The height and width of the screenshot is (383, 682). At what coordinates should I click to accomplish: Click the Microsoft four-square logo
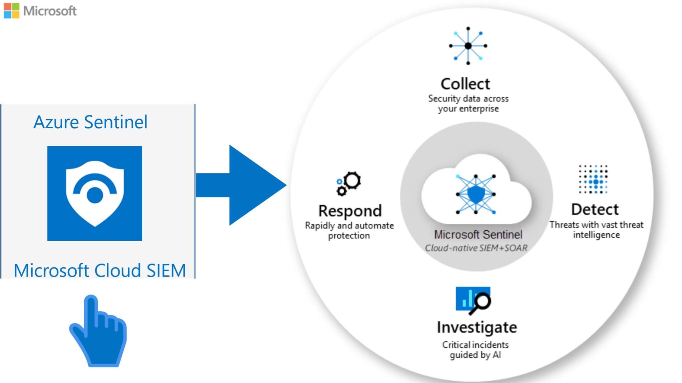[11, 11]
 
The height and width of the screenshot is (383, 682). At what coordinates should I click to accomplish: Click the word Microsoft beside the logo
[50, 11]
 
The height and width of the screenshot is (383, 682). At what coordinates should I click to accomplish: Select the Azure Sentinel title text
[90, 122]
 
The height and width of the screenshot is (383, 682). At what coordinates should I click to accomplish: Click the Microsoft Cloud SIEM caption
[100, 270]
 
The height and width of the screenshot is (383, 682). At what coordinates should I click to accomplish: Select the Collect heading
[465, 84]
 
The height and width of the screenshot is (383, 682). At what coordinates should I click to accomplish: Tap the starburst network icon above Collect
[468, 46]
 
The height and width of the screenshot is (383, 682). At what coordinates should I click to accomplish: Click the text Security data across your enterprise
[468, 103]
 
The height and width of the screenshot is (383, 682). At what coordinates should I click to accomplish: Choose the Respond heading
[350, 211]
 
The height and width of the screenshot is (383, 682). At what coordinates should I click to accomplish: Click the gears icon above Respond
[348, 183]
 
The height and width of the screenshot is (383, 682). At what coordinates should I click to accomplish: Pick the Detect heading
[595, 209]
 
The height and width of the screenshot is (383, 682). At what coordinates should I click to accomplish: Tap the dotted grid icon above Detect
[593, 179]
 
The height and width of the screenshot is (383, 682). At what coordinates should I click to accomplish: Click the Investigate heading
[477, 327]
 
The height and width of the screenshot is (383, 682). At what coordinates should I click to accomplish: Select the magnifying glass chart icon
[473, 300]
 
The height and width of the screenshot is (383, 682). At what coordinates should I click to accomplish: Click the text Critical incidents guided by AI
[475, 350]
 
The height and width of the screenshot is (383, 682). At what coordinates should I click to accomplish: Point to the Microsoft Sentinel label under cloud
[478, 235]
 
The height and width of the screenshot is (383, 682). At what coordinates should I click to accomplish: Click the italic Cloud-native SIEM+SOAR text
[476, 248]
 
